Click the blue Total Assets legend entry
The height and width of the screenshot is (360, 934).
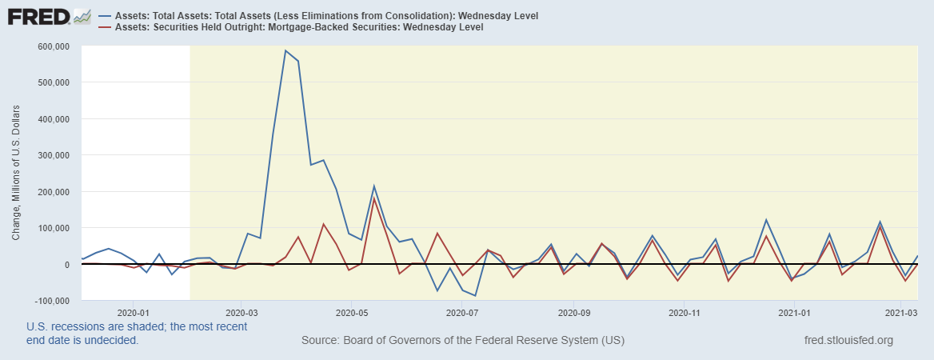click(327, 16)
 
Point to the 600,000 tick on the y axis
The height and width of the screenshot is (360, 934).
click(53, 46)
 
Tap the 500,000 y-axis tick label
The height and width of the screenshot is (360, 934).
click(53, 82)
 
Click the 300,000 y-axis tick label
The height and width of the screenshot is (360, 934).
click(53, 155)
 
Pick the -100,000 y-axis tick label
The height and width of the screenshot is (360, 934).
click(50, 301)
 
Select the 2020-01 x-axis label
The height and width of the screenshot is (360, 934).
click(134, 312)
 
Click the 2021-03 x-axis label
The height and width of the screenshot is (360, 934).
click(902, 312)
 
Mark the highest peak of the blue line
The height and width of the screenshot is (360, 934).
click(285, 50)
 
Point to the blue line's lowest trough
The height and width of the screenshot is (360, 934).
click(476, 296)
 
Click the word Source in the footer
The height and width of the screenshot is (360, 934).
click(320, 341)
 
